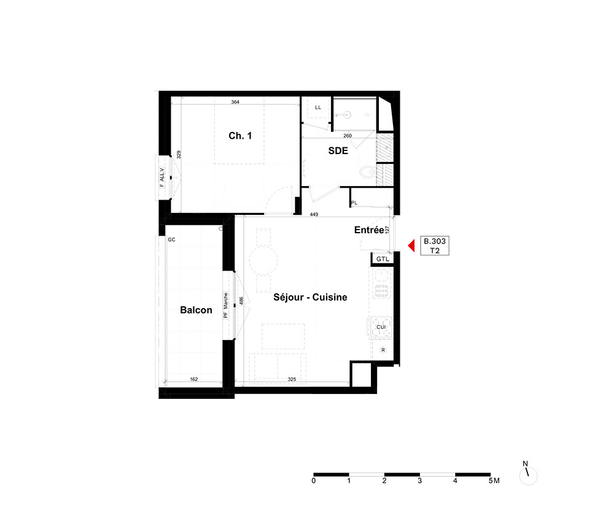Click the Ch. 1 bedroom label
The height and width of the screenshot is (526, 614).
tap(240, 136)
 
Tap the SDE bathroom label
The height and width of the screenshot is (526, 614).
tap(338, 150)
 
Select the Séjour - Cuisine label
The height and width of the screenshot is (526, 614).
tap(310, 298)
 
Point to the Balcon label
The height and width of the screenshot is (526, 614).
tap(196, 310)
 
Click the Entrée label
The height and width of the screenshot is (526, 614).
tap(369, 230)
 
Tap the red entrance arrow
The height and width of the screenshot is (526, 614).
tap(411, 246)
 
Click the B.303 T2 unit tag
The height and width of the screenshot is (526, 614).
tap(435, 246)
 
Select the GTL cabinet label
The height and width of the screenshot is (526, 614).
tap(383, 259)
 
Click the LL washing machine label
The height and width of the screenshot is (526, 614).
tap(318, 107)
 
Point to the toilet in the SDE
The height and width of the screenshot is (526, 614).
tap(367, 171)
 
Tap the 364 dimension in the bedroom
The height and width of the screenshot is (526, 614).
tap(235, 102)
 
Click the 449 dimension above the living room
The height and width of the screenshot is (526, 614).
tap(314, 214)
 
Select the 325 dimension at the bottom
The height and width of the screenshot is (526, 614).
tap(292, 379)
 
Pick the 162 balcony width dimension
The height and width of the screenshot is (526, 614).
tap(194, 379)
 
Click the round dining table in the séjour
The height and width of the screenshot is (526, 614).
tap(263, 260)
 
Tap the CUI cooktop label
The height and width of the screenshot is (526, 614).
tap(381, 327)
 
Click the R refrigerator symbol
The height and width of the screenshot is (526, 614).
tap(383, 350)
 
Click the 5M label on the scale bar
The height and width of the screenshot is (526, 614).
tap(494, 481)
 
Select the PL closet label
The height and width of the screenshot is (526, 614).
tap(354, 203)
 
